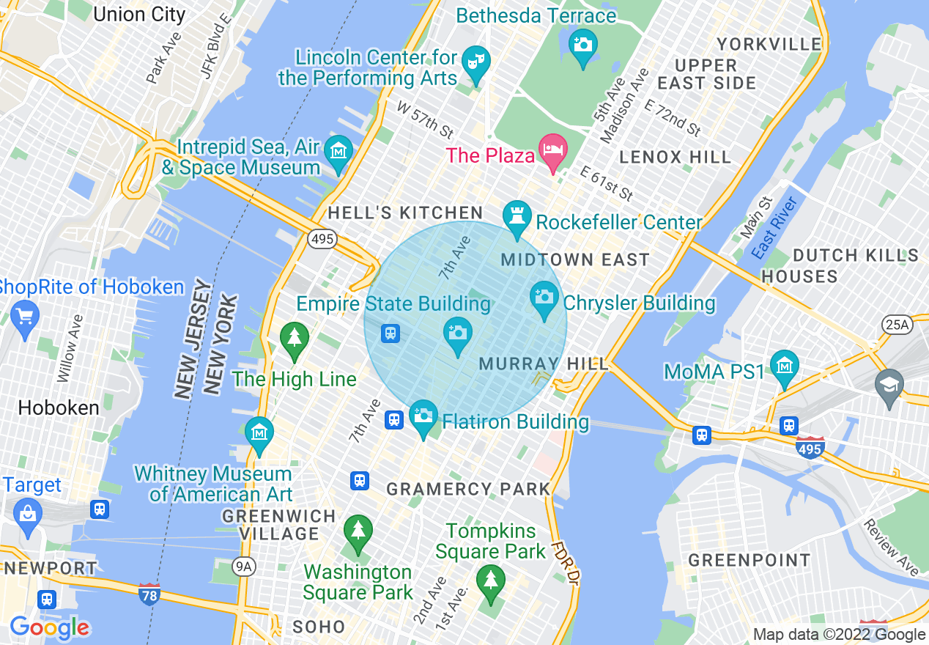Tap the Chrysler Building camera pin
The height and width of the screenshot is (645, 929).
point(544,297)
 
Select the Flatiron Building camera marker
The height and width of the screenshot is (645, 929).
point(423,416)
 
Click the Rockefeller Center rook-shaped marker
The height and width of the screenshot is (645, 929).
point(517,216)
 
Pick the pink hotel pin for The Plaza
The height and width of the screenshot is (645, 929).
point(553,150)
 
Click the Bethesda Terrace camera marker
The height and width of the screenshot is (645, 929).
point(582,45)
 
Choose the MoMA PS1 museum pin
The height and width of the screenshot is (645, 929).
point(784,366)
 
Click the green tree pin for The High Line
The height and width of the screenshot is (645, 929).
point(295,338)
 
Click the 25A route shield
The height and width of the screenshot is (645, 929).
point(895,324)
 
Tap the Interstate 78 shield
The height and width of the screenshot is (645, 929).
point(149,594)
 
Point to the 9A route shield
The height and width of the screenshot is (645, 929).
point(243,565)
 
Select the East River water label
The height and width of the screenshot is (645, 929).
point(774,228)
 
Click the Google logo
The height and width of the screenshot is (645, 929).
point(50,627)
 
